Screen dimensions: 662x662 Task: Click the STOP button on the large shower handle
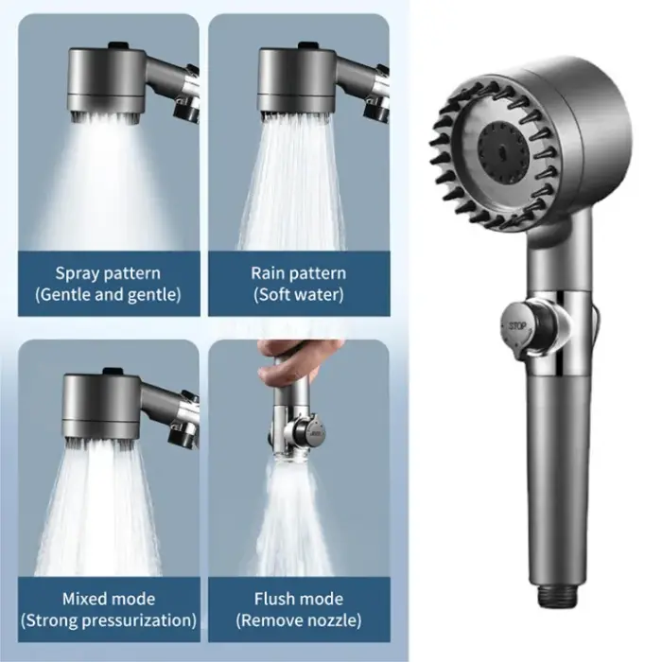(x=517, y=328)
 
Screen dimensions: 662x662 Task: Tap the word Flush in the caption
(x=274, y=599)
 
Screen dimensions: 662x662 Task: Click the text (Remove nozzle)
(x=299, y=620)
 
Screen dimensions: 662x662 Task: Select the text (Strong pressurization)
(x=109, y=620)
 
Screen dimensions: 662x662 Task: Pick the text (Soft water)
(x=299, y=295)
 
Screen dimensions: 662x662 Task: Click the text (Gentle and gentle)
(x=108, y=295)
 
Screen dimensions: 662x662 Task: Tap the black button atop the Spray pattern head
(x=118, y=45)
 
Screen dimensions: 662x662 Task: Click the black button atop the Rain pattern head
(x=308, y=45)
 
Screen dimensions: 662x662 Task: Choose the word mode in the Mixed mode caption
(x=135, y=599)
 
